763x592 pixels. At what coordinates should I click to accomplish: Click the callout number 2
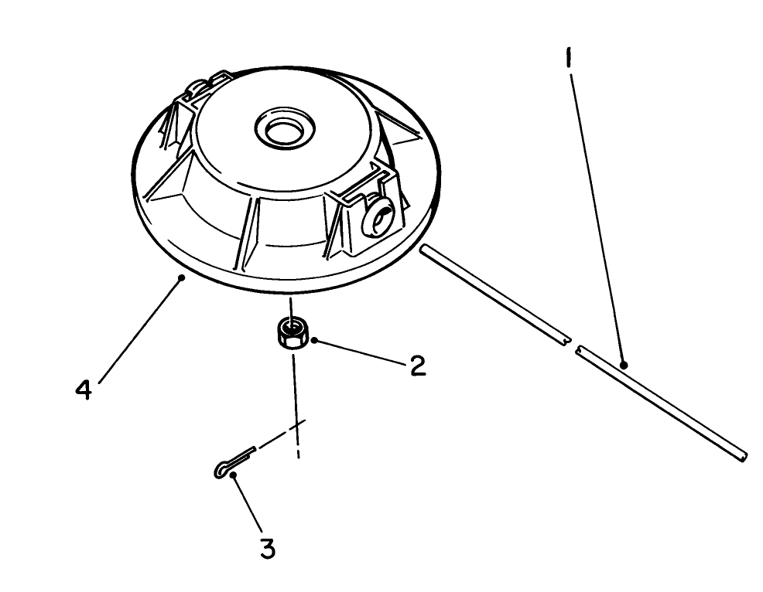coord(417,365)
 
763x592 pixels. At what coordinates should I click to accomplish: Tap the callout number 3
coord(267,549)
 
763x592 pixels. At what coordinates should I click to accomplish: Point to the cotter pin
coord(236,461)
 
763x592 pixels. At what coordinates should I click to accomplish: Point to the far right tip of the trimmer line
coord(744,457)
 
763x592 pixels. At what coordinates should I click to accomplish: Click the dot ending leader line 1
coord(623,363)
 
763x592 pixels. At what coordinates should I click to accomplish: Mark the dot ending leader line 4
coord(180,277)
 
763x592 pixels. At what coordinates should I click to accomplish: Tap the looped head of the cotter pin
coord(221,469)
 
